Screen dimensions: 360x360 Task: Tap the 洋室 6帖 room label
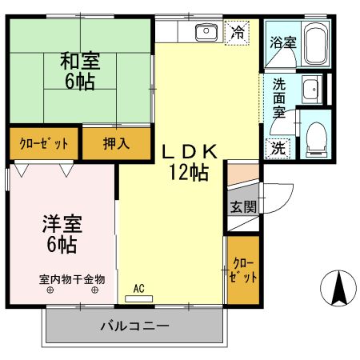(x=60, y=233)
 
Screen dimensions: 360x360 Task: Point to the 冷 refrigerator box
(x=237, y=33)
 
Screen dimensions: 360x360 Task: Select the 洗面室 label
(x=279, y=98)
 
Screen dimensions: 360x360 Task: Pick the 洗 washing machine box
(x=276, y=147)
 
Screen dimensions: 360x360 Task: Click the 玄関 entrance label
(x=243, y=206)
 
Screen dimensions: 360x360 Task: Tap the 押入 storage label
(x=117, y=145)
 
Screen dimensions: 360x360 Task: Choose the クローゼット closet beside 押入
(x=44, y=145)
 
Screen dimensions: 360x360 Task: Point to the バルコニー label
(x=134, y=326)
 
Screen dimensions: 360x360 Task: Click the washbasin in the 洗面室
(x=310, y=90)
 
